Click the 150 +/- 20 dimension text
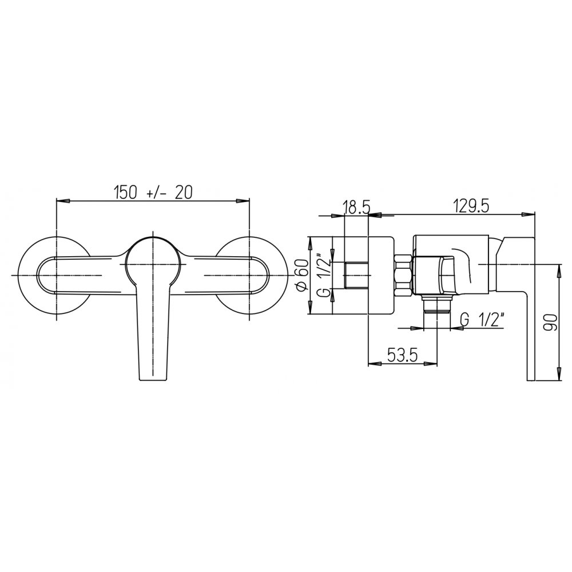(153, 192)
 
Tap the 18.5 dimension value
(356, 208)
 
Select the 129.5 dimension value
(471, 207)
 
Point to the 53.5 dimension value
(402, 355)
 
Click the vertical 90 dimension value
(550, 321)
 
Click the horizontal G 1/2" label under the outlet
(482, 320)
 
